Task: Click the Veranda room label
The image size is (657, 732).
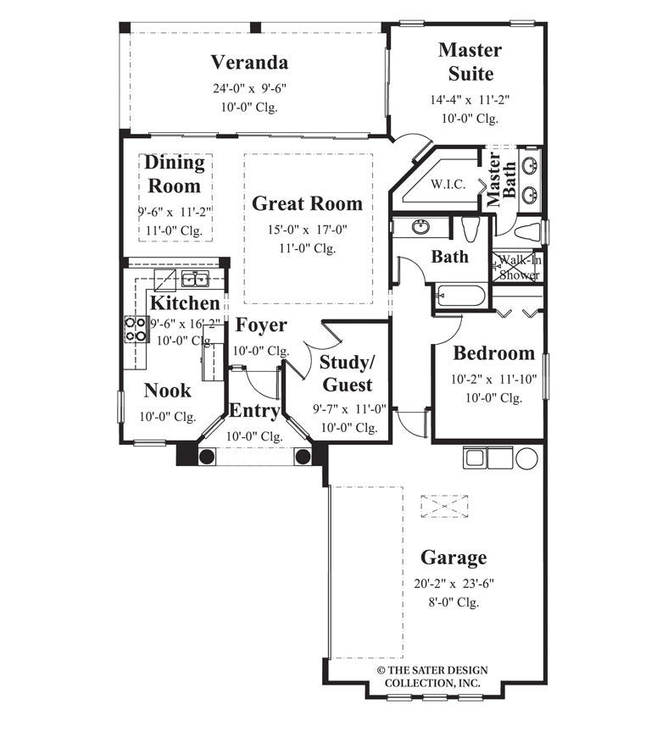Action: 249,63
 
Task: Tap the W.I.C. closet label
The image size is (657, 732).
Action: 448,185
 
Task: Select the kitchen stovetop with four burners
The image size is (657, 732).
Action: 136,329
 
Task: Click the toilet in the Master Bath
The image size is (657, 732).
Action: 528,230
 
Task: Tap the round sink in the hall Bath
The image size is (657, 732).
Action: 420,227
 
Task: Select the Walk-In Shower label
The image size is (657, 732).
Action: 519,267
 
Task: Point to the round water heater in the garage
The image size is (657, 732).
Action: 526,458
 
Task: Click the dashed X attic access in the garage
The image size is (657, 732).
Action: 445,507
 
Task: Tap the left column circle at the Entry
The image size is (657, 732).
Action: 205,457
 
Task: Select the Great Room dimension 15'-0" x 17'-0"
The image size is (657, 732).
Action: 306,230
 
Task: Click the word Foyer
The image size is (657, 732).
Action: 260,325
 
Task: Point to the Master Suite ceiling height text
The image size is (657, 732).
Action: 469,119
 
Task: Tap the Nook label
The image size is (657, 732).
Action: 167,391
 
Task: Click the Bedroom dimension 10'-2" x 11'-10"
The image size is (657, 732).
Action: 493,379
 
